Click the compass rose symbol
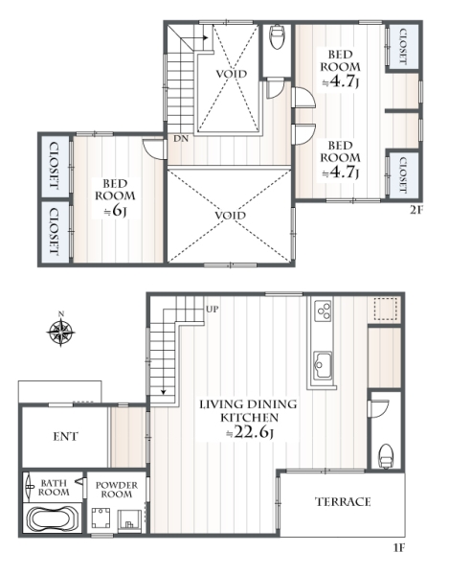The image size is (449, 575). click(x=61, y=332)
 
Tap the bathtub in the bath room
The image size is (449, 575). click(x=53, y=518)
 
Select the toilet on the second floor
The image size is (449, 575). click(x=277, y=36)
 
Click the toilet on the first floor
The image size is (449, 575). click(x=385, y=456)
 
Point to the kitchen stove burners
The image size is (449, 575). click(x=324, y=310)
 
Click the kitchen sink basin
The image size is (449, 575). click(x=324, y=365)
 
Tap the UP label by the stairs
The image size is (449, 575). click(x=212, y=310)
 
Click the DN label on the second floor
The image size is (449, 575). click(x=181, y=139)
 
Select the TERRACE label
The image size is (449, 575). click(x=343, y=501)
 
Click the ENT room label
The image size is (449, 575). click(x=65, y=436)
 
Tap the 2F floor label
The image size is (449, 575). click(x=416, y=210)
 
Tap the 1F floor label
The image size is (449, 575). click(x=399, y=548)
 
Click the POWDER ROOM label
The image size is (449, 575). click(x=117, y=490)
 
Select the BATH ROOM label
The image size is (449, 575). click(x=54, y=488)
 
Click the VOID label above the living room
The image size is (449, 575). click(x=230, y=215)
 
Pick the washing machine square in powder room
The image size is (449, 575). click(x=100, y=517)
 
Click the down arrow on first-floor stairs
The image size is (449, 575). click(x=164, y=390)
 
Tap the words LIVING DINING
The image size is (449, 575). click(x=248, y=404)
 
